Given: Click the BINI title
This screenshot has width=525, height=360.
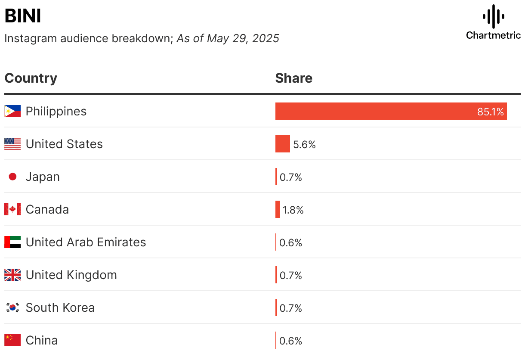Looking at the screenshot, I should pos(23,16).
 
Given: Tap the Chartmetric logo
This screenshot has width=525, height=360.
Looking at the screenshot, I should pos(493,22).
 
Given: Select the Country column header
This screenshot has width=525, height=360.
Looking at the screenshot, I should pos(31,78).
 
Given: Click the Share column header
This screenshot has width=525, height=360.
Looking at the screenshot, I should pos(293,78).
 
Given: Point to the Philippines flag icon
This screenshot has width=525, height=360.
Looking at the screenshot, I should pos(12,111).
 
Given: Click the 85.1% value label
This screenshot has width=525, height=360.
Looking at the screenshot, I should pos(490,112).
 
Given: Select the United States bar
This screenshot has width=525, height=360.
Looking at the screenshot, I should pos(283,144).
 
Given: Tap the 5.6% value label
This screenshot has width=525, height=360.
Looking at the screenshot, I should pos(305,145).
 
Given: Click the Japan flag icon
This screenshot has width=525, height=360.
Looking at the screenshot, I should pos(12,177).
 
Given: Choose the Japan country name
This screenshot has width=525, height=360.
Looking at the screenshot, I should pos(43,177).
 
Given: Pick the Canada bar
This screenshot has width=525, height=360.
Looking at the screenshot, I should pos(278,209).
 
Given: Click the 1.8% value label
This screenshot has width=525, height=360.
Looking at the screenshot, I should pos(293,210).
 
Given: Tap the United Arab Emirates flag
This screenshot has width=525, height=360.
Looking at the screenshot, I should pos(12,242).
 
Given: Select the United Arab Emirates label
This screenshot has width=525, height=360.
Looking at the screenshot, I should pos(86,242).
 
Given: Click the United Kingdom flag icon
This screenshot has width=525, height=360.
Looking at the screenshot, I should pos(12,275).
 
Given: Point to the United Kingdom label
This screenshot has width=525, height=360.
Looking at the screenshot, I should pos(71,275).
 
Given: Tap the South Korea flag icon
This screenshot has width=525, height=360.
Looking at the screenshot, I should pos(12,307).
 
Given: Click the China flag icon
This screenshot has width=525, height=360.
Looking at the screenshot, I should pos(12,340).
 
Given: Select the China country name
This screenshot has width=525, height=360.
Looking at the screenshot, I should pos(42,340).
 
